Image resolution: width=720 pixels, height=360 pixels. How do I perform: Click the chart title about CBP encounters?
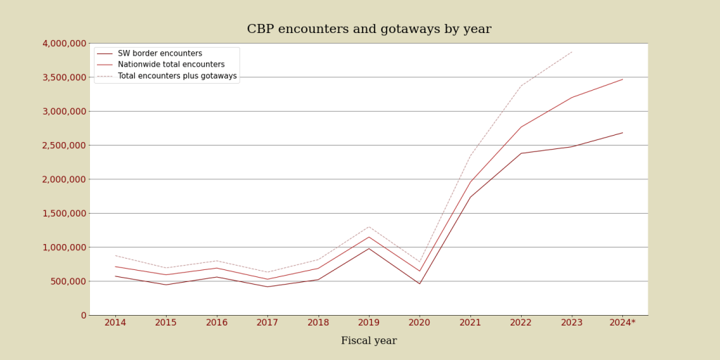368,30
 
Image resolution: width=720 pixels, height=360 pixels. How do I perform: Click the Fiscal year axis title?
368,341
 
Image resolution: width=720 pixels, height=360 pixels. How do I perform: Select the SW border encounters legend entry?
160,53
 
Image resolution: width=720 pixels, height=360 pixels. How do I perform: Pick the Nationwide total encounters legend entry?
171,65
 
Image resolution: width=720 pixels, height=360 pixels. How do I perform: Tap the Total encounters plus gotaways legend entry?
176,76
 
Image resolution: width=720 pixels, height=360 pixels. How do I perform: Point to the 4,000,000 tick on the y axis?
64,44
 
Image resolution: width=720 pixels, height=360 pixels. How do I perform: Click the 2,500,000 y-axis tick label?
64,146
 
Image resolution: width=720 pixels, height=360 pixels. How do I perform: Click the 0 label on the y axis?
83,315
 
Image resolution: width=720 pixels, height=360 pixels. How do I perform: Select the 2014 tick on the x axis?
115,323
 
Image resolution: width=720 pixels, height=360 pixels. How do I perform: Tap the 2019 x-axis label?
368,323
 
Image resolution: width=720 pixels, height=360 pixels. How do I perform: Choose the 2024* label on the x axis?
622,323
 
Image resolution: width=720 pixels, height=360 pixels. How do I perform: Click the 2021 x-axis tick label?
470,323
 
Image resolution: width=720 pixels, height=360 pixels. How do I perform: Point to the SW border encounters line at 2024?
622,133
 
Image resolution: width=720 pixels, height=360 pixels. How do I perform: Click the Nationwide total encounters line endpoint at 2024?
622,79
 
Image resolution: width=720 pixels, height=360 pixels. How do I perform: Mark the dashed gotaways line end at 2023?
572,52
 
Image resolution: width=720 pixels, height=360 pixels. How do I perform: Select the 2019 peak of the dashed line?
368,226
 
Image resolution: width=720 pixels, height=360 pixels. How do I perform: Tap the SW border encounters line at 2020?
420,283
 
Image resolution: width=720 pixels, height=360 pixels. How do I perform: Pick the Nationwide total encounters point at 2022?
521,127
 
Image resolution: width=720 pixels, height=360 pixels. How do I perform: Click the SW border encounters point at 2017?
267,286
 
